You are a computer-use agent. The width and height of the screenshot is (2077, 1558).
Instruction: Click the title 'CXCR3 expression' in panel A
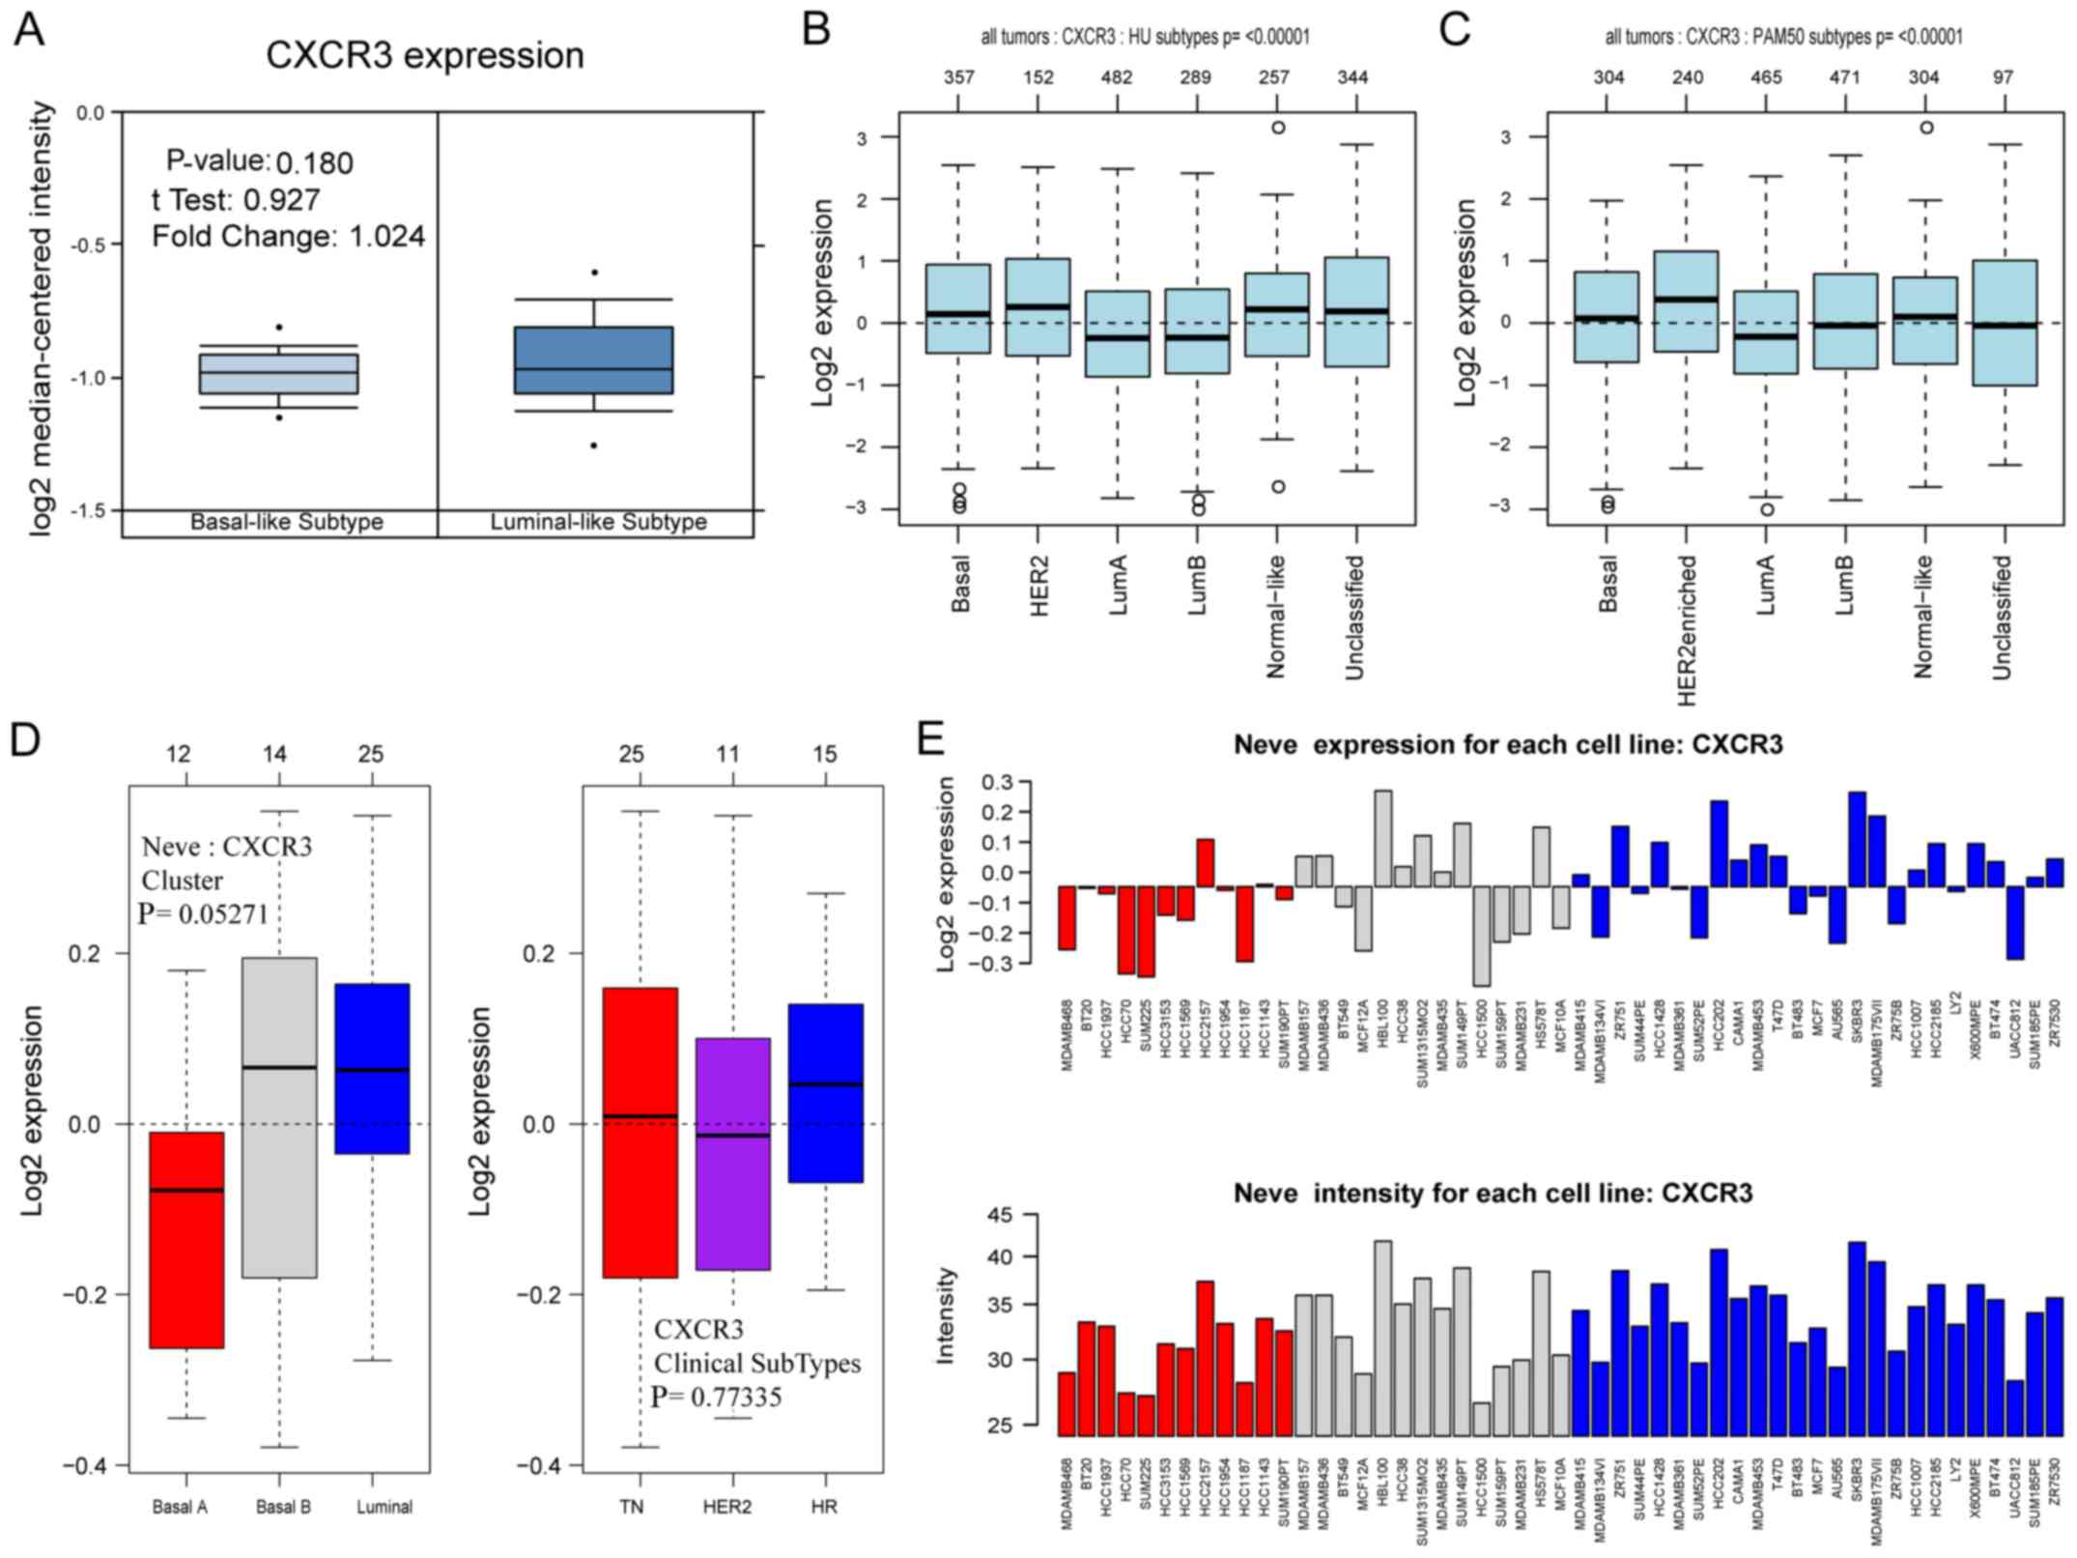click(425, 55)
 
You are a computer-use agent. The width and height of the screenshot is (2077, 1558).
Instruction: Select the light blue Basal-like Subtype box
click(278, 373)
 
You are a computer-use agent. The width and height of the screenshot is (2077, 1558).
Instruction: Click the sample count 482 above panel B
click(1118, 78)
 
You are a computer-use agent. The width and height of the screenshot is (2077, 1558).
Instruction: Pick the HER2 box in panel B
click(1038, 306)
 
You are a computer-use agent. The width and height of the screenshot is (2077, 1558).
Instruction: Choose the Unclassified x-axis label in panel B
click(1354, 617)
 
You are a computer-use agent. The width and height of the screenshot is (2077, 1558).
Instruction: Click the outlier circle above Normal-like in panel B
click(1278, 128)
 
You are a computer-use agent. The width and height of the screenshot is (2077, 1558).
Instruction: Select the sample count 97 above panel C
click(2003, 78)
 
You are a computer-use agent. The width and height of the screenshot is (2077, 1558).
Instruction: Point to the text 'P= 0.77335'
click(716, 1397)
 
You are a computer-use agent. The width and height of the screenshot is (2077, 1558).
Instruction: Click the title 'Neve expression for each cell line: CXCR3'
click(1507, 745)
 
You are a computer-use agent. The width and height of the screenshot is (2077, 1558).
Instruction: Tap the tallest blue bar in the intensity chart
click(1856, 1339)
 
